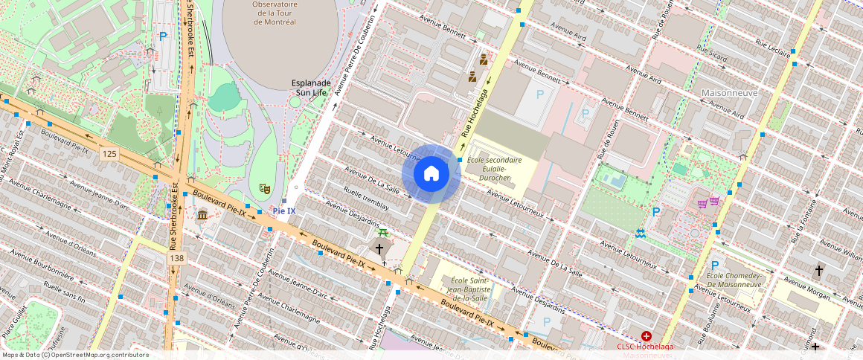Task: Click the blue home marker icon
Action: [x=431, y=173]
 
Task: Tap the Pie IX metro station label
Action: [x=284, y=211]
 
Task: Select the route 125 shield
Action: [x=110, y=153]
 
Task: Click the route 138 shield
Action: [x=176, y=257]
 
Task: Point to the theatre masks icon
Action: [x=263, y=190]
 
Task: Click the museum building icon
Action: [x=202, y=215]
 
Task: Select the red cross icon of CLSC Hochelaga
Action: [x=635, y=336]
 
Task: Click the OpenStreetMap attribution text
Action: [x=75, y=355]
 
